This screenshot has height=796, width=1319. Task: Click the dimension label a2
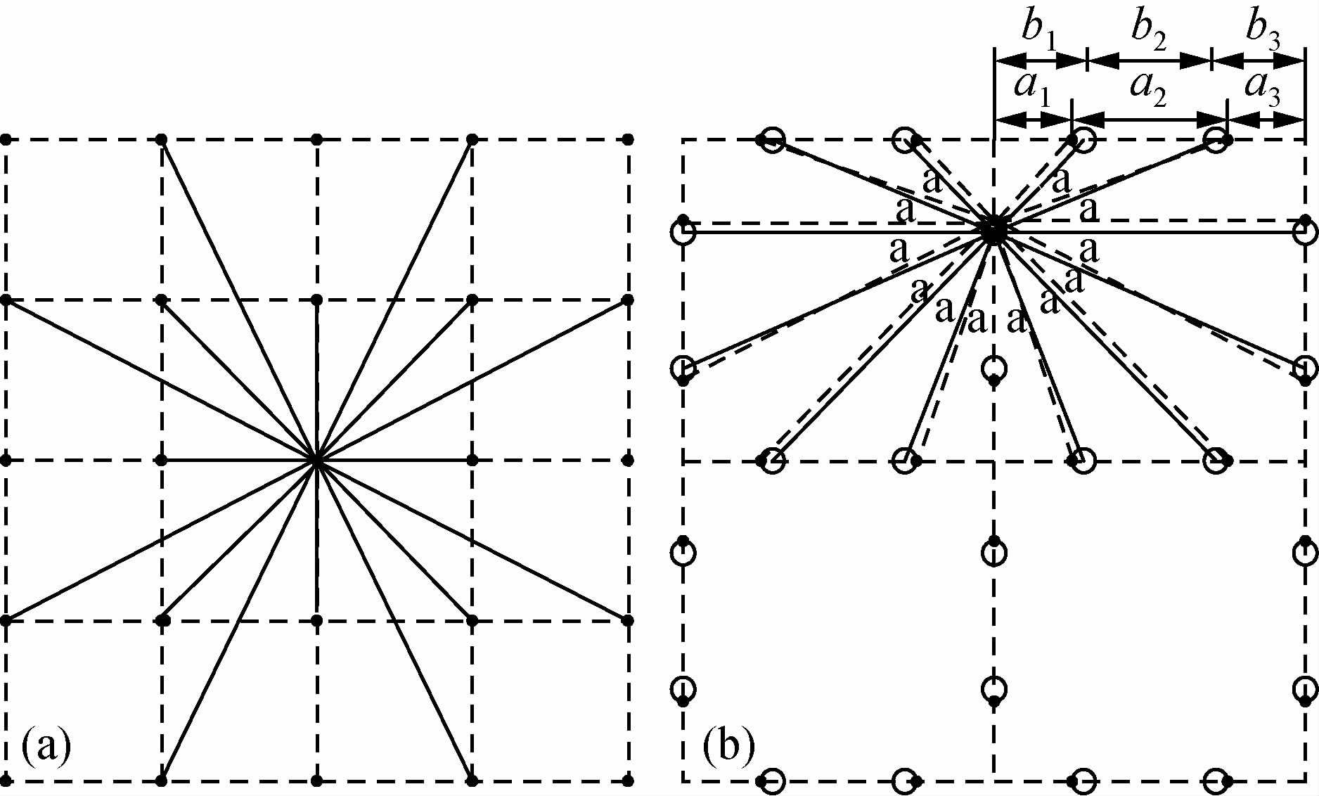point(1147,89)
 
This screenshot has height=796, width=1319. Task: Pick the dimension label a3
point(1262,89)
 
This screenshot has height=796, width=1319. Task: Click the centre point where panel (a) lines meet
point(317,461)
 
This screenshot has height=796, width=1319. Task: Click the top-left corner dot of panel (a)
point(6,139)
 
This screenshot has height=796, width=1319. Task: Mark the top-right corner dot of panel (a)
point(628,139)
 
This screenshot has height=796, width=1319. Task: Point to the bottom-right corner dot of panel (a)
point(628,781)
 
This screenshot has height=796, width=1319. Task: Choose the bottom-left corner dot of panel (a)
point(6,781)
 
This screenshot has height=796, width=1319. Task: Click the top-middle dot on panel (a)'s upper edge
point(317,139)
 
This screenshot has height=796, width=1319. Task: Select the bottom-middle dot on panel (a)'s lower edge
point(317,781)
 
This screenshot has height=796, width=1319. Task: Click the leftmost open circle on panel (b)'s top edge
point(772,140)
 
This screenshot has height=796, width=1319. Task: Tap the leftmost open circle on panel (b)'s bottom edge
point(772,781)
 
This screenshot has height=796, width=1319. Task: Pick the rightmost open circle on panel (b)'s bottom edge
point(1216,781)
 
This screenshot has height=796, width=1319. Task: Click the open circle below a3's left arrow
point(1216,140)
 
